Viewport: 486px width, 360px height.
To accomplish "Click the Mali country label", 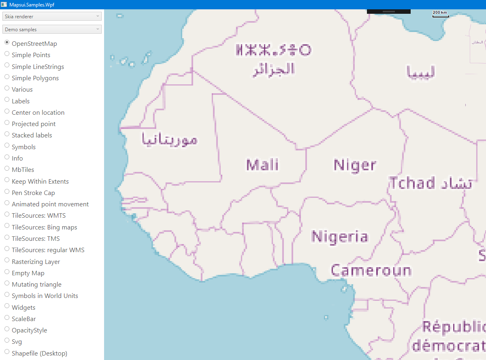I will pos(262,165).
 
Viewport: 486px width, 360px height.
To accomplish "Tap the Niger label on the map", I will pos(355,165).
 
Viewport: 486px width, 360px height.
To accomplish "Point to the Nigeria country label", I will pos(340,236).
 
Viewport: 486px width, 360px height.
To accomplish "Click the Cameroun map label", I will pos(371,270).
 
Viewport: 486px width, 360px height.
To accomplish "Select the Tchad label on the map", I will pos(412,183).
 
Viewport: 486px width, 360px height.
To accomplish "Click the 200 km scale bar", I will pos(440,14).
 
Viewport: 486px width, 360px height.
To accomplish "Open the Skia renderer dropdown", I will pos(52,17).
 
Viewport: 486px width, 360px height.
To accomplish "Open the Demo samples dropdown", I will pos(52,30).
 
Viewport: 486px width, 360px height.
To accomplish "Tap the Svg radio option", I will pos(7,341).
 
